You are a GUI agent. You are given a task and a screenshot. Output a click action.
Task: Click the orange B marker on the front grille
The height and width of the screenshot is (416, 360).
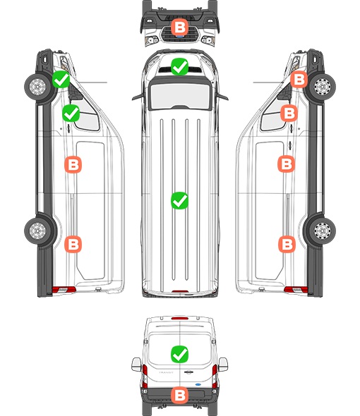(x=179, y=27)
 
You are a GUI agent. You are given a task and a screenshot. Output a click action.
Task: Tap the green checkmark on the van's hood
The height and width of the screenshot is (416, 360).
(x=179, y=66)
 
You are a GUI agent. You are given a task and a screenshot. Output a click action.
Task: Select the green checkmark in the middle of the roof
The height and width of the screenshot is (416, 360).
(x=179, y=200)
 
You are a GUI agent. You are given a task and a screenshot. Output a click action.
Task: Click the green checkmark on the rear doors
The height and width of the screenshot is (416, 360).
(x=179, y=354)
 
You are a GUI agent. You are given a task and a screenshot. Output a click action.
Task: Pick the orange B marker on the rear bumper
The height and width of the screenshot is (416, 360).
(x=179, y=396)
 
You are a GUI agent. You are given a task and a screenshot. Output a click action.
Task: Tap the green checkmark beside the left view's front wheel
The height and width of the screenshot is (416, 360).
(x=61, y=80)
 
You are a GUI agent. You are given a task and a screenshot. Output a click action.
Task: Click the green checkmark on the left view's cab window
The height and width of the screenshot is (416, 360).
(x=71, y=114)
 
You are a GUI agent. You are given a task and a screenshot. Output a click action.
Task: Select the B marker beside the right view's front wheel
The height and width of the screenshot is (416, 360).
(x=299, y=80)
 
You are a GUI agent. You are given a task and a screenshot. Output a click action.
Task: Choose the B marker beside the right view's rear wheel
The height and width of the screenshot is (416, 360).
(x=287, y=244)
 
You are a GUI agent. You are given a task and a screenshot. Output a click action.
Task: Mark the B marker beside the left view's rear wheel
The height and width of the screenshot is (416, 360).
(x=73, y=244)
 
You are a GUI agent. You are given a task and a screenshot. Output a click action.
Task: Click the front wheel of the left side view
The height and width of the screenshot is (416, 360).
(x=37, y=87)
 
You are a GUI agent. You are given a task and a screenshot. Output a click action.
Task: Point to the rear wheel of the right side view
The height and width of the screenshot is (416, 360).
(x=323, y=231)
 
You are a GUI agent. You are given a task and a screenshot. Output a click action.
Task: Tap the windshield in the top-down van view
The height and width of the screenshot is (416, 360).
(x=180, y=96)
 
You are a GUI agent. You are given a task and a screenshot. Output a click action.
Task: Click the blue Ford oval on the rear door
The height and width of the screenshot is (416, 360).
(x=198, y=384)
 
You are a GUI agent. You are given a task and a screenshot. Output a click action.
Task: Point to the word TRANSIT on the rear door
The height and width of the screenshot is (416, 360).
(x=166, y=372)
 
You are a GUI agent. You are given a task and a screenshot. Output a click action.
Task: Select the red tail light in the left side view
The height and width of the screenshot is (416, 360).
(x=64, y=290)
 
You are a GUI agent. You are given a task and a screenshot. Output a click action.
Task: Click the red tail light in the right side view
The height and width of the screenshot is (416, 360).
(x=296, y=290)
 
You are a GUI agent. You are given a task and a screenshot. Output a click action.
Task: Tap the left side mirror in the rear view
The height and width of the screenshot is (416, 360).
(x=136, y=365)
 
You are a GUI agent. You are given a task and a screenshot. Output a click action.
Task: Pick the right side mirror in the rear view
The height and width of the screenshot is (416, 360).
(x=223, y=365)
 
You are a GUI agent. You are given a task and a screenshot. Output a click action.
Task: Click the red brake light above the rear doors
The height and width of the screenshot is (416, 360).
(x=180, y=318)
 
